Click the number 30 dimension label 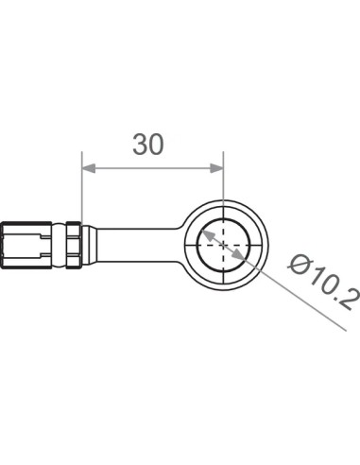point(148,145)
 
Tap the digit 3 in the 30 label point(140,145)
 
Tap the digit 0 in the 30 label point(157,145)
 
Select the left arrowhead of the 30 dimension point(89,168)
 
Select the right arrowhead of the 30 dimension point(216,168)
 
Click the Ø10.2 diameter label point(324,283)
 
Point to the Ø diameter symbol point(298,265)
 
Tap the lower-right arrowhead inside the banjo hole point(239,254)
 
